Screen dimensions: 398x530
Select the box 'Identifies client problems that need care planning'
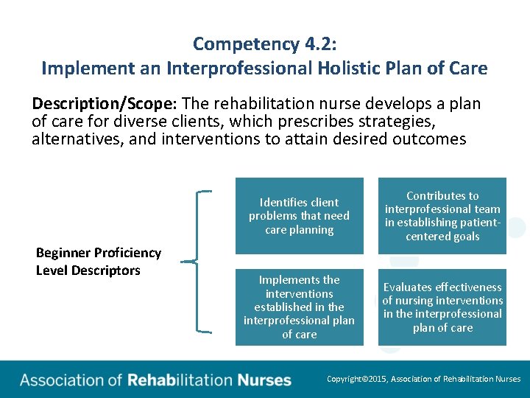299,216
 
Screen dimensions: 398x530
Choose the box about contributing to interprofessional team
442,216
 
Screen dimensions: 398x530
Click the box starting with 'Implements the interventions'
299,307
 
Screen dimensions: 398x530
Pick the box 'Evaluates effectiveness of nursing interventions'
442,307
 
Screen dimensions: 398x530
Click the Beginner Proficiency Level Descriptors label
98,262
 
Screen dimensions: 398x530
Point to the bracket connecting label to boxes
199,261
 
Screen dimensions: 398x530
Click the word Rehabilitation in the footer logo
180,381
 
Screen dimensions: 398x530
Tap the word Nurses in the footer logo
264,381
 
